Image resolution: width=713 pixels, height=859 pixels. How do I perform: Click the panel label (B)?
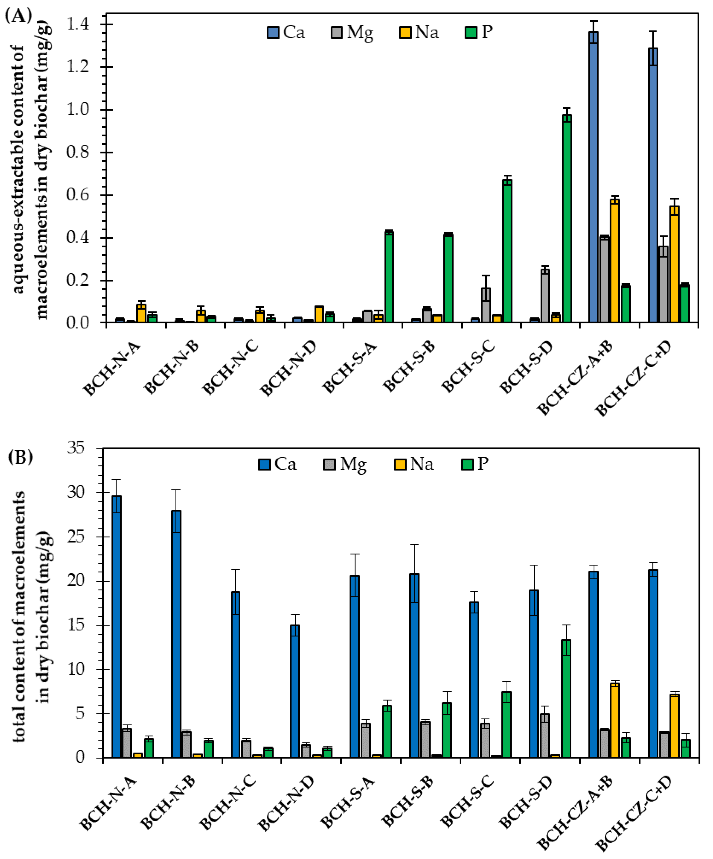20,457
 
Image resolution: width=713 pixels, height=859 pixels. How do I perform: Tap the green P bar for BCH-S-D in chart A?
567,219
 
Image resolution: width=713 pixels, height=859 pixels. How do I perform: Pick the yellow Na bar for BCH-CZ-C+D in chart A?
674,264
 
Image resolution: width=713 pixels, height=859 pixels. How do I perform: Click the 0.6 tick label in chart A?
78,195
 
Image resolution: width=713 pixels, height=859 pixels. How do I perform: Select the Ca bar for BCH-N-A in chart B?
116,626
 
